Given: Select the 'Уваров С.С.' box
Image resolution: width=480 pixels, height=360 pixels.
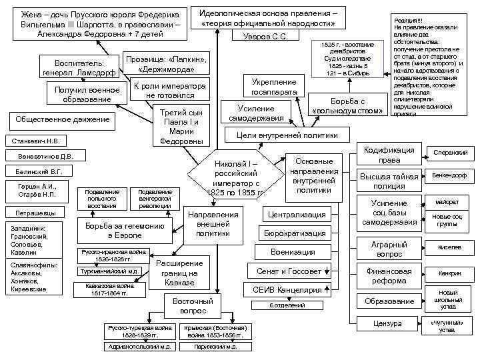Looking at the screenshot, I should pyautogui.click(x=265, y=36).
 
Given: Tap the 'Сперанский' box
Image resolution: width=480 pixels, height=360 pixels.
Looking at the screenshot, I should pyautogui.click(x=451, y=153).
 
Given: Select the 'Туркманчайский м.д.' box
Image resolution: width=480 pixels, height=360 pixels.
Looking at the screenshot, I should pyautogui.click(x=109, y=271).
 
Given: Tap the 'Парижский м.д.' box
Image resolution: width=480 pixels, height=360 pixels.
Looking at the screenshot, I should pyautogui.click(x=215, y=347).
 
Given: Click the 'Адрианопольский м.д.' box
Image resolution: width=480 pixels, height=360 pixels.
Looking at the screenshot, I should pyautogui.click(x=139, y=347).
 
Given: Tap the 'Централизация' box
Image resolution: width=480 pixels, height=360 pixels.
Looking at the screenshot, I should pyautogui.click(x=295, y=214).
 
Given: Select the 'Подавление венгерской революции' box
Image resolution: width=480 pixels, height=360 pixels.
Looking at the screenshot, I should pyautogui.click(x=154, y=199).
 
